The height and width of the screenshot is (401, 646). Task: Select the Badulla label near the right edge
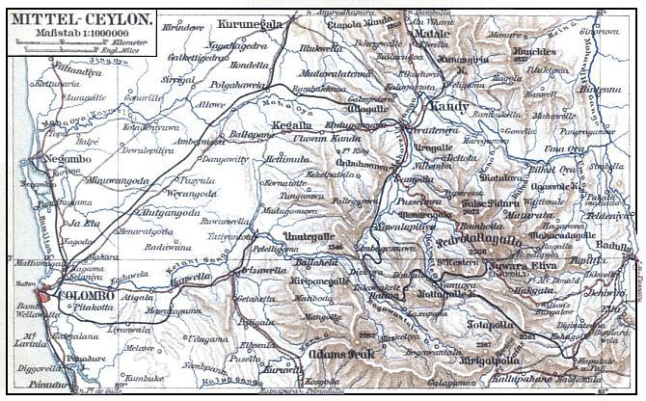click(x=618, y=246)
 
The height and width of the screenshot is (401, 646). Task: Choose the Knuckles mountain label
click(x=536, y=50)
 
